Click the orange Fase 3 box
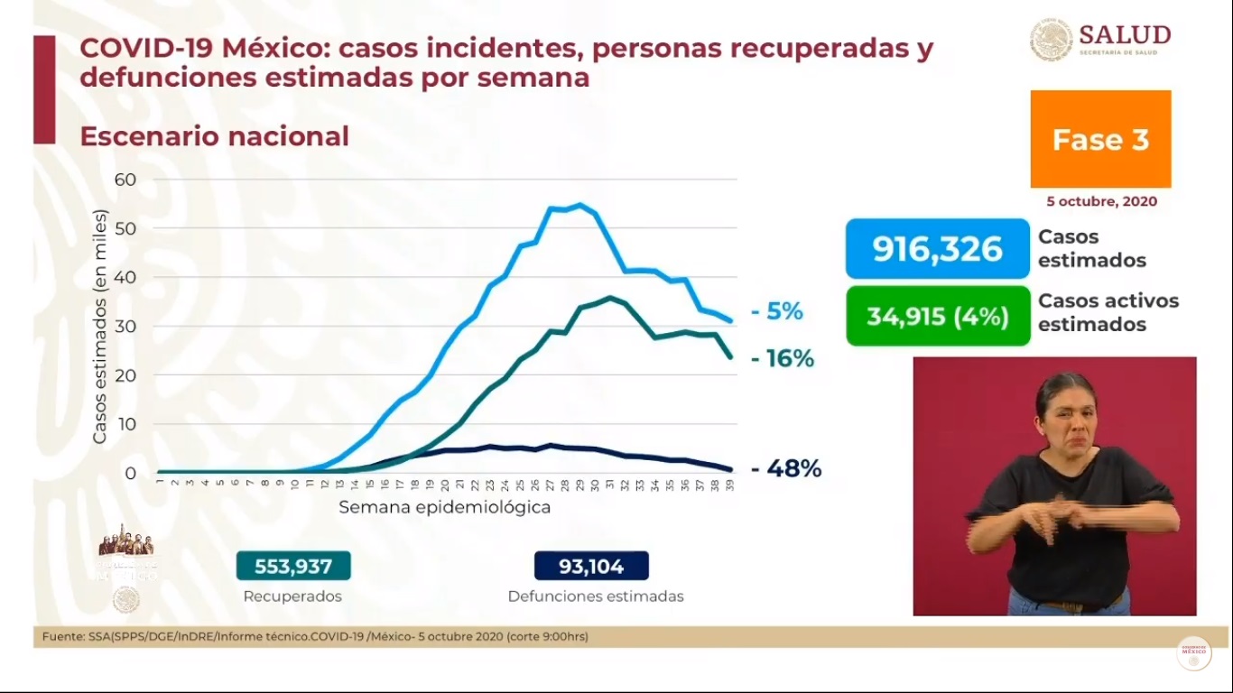pos(1100,139)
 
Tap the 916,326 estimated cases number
pos(937,248)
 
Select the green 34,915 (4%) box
pos(938,316)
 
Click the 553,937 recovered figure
pos(293,567)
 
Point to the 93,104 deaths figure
pos(591,567)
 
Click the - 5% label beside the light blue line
pos(777,311)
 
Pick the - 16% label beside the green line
pos(783,359)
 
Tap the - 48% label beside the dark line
pos(786,468)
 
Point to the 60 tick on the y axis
pos(125,180)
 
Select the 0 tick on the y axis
pos(130,473)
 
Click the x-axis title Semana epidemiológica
pos(444,507)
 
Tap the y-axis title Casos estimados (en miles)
pos(99,327)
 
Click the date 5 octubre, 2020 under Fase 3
pos(1101,201)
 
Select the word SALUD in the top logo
pos(1124,35)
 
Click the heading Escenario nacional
pos(214,136)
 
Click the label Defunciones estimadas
pos(595,596)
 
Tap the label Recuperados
pos(292,596)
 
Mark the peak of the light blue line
pos(579,205)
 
